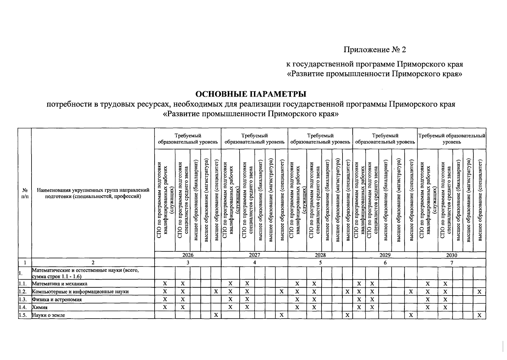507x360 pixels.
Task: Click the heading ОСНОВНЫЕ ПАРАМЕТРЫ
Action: (x=251, y=94)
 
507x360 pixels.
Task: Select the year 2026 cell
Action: (x=188, y=255)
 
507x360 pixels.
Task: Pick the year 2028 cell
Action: (x=320, y=255)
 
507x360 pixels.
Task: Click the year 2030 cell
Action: (x=451, y=255)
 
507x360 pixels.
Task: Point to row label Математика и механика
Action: (x=60, y=284)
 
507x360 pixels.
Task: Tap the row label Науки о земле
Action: (x=48, y=315)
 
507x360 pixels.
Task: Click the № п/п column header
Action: (x=25, y=193)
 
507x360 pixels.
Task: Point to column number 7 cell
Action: (x=451, y=263)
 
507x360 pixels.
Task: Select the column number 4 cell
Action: (x=254, y=263)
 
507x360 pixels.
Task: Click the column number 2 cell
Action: (x=93, y=263)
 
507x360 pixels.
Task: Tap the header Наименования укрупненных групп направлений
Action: (x=93, y=190)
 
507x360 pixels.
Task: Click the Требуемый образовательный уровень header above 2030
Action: (x=451, y=139)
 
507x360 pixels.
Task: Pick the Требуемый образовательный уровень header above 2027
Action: (x=254, y=139)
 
